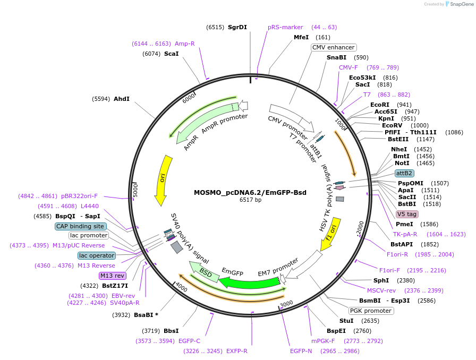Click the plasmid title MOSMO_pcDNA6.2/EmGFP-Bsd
point(250,192)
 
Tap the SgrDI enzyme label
point(237,27)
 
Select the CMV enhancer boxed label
point(333,47)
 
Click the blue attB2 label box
point(404,173)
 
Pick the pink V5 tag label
point(407,214)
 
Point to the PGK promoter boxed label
point(371,311)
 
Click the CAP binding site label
point(81,226)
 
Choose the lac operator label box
point(96,255)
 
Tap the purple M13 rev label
point(112,276)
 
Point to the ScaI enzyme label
point(171,54)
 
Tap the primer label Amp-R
point(185,44)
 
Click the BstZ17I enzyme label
point(115,286)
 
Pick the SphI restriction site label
point(381,280)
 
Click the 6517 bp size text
point(250,200)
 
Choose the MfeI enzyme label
point(301,37)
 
